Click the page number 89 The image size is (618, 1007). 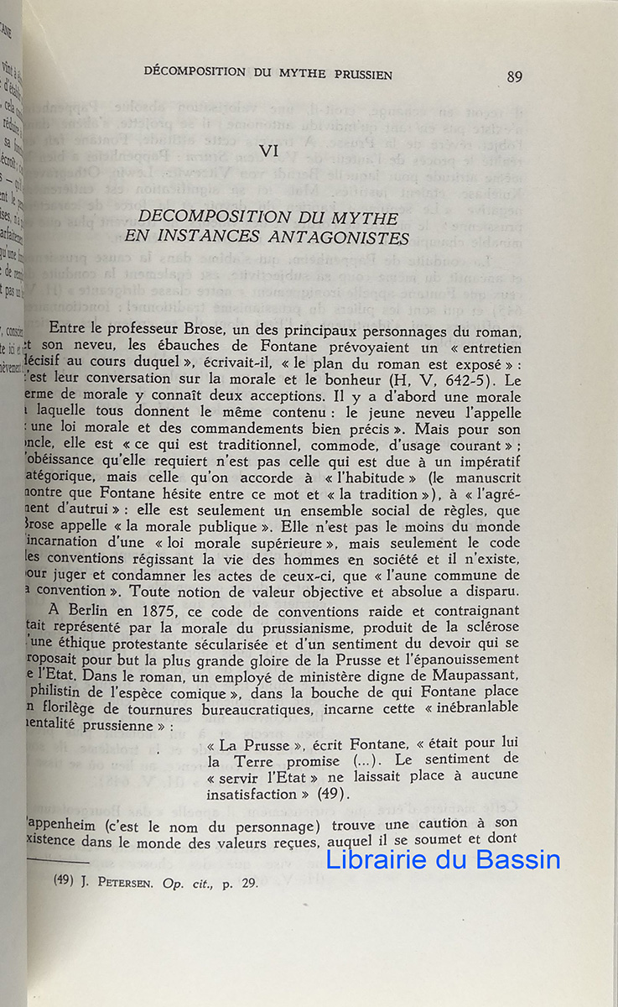click(515, 76)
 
